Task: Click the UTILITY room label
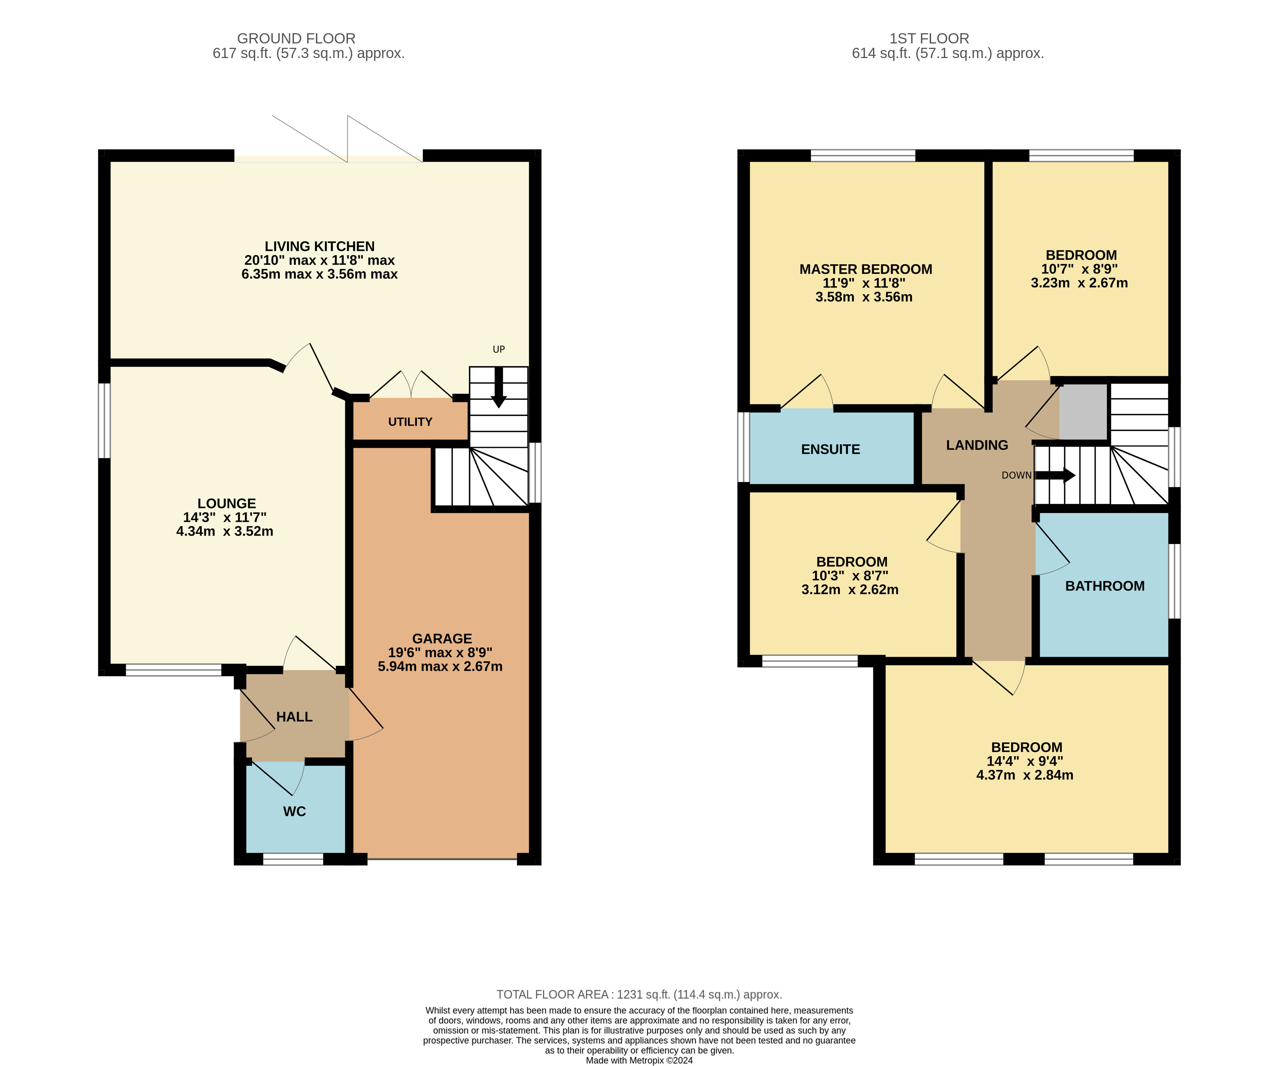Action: (x=410, y=422)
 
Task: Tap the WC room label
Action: (x=294, y=811)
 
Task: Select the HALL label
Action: (x=294, y=717)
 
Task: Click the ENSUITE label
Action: (x=830, y=449)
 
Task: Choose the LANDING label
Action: (x=977, y=445)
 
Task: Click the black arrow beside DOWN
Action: (x=1055, y=475)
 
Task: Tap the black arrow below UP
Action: (x=499, y=388)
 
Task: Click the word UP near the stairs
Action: (x=499, y=349)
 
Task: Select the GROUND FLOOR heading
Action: (x=296, y=38)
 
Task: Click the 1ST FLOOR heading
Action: (x=929, y=38)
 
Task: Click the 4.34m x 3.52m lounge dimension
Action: (x=225, y=531)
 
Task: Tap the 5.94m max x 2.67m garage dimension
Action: (x=440, y=666)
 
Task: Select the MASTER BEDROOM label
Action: (x=865, y=269)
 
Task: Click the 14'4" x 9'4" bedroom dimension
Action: (x=1025, y=761)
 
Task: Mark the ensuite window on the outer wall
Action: (x=744, y=447)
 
